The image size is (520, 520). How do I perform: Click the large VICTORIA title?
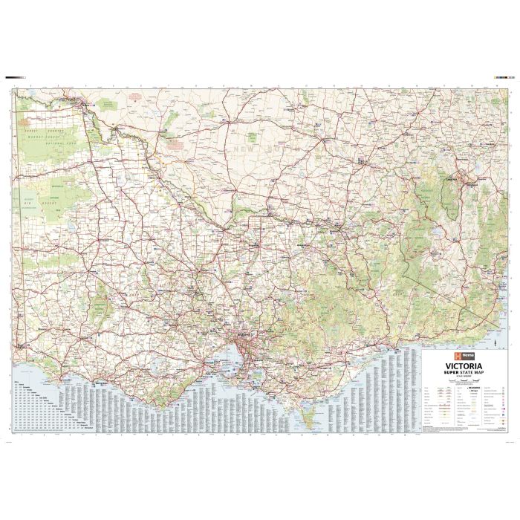pos(461,366)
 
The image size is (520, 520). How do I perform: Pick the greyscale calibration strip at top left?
pos(15,77)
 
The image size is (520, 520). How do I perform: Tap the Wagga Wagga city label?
pos(360,160)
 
